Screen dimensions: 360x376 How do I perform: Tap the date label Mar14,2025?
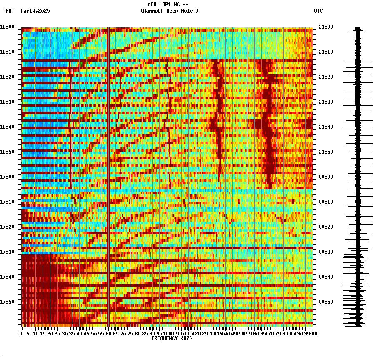[x=35, y=11]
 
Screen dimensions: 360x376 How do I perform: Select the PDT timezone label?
[x=10, y=11]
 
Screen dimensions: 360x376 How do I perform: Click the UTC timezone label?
[x=318, y=11]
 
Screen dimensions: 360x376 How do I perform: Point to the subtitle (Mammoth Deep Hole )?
[x=169, y=11]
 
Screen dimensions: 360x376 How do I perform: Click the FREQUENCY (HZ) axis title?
[x=172, y=338]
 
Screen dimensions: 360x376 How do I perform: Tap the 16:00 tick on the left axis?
[x=8, y=27]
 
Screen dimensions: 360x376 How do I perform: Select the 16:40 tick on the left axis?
[x=8, y=127]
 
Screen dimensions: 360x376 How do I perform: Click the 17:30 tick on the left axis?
[x=8, y=252]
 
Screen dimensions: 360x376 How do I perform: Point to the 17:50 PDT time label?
[x=8, y=302]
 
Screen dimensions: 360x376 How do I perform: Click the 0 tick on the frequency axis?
[x=21, y=334]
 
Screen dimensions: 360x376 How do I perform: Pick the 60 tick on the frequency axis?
[x=109, y=334]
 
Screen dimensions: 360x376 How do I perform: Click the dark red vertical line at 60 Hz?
[x=108, y=167]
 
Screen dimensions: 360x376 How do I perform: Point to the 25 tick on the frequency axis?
[x=58, y=334]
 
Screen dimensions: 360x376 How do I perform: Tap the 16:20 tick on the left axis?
[x=8, y=77]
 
